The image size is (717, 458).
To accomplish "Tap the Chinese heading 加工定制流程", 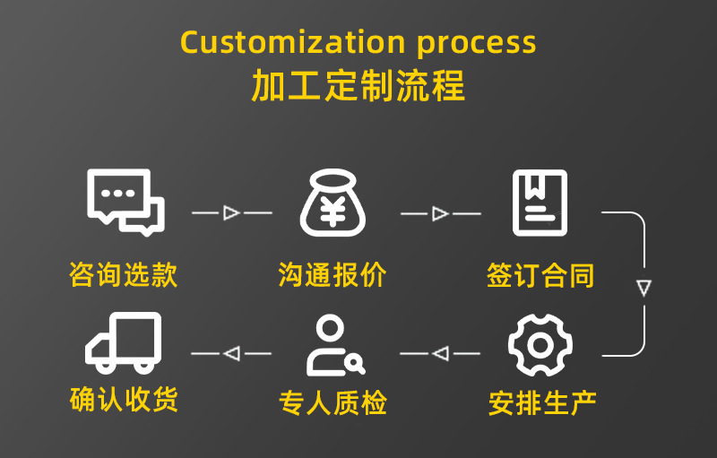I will (358, 87).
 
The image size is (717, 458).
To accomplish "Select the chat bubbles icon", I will (125, 202).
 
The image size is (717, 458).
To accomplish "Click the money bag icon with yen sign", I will (333, 203).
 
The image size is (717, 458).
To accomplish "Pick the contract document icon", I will (540, 203).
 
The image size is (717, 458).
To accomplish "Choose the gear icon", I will (540, 345).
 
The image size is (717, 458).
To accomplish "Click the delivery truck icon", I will (124, 342).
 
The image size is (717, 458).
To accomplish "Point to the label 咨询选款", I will (124, 274).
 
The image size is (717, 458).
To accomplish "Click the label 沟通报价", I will (333, 274).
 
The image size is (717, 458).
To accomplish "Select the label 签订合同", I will (540, 274).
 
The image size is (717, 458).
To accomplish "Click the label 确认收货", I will (124, 400).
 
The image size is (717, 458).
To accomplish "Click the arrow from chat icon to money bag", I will (231, 213).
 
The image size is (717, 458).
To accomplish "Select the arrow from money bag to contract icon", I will (439, 213).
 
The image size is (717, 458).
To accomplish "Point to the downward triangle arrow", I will (644, 289).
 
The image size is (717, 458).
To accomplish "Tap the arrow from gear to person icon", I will (439, 354).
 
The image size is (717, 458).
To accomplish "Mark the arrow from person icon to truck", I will (231, 354).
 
